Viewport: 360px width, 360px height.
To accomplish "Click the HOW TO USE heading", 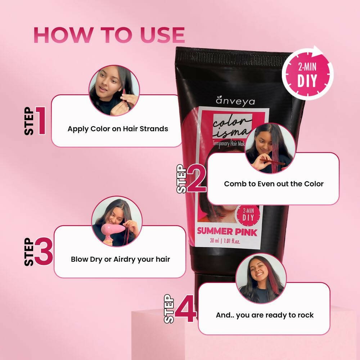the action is point(109,35).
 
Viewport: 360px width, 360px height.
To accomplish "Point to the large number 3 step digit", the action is point(44,252).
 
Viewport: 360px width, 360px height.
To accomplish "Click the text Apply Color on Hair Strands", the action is point(118,129).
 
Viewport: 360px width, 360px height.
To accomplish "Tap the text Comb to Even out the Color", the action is point(274,184).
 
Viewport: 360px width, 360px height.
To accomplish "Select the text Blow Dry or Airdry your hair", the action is point(121,260).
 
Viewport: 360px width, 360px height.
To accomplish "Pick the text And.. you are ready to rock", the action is point(265,315).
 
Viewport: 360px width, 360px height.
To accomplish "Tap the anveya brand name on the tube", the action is point(235,101).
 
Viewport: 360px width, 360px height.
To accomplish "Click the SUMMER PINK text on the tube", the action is point(227,232).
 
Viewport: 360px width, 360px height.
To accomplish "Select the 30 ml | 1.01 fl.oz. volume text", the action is point(225,241).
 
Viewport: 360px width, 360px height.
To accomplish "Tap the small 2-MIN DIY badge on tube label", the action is point(248,215).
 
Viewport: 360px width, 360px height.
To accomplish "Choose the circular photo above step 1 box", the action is point(114,90).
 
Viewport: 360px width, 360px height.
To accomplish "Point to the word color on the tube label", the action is point(232,121).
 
